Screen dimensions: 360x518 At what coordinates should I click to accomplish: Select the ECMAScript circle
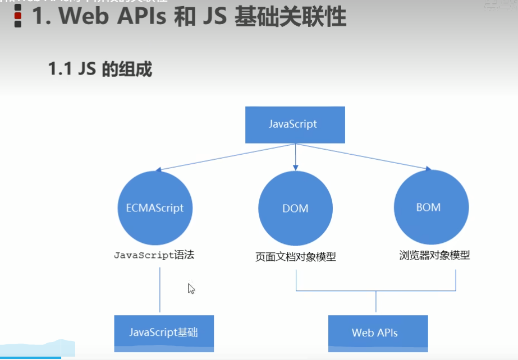[151, 208]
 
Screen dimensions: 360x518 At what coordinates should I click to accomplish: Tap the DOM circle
[295, 208]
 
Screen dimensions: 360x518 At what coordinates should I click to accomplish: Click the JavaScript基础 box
[163, 333]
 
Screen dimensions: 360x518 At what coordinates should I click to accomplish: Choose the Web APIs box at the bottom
[375, 333]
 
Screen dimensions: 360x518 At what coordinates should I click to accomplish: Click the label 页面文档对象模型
[295, 257]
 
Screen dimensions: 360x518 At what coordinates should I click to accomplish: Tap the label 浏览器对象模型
[434, 255]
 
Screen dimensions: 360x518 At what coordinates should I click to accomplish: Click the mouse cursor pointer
[191, 288]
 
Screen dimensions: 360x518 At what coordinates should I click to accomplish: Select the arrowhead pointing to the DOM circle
[295, 167]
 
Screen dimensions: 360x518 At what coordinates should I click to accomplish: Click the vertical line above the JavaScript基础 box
[160, 289]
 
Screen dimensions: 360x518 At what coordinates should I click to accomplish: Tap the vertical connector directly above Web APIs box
[375, 303]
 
